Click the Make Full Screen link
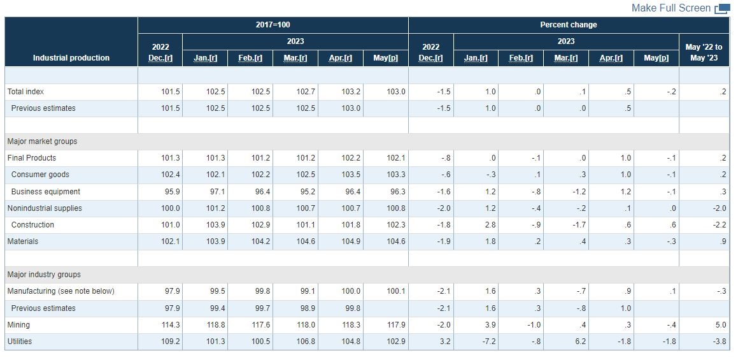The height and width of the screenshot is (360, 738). coord(671,8)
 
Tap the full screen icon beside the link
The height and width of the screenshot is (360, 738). coord(722,9)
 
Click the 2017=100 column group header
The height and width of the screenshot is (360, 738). coord(273,25)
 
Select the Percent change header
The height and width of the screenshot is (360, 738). coord(569,25)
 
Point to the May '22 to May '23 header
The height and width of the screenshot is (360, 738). coord(704,52)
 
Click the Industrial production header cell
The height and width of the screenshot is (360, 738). coord(71,58)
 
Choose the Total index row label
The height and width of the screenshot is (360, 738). coord(25,91)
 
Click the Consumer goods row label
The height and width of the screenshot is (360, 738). coord(40,175)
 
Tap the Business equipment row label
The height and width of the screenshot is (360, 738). coord(46,192)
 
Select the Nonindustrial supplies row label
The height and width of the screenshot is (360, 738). coord(45,208)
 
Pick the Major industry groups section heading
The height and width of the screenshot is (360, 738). coord(44,275)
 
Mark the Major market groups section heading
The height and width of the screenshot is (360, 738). coord(43,141)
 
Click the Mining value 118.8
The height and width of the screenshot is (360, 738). coord(216,325)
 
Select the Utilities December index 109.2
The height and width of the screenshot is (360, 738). coord(171,342)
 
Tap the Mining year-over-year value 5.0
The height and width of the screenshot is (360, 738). coord(721,325)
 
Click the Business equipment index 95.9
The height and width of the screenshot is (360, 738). coord(173,192)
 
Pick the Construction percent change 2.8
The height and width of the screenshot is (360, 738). coord(490,225)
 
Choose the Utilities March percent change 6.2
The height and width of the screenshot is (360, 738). coord(580,342)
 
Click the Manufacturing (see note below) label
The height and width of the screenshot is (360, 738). coord(60,291)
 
